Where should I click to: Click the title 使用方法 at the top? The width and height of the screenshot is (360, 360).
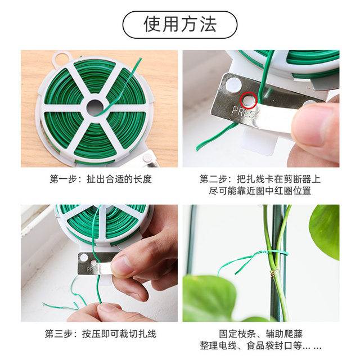(180, 25)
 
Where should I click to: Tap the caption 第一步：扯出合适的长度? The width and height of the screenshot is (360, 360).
(101, 179)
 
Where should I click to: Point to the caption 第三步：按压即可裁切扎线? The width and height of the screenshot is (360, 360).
(101, 334)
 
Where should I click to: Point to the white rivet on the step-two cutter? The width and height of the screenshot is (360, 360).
(233, 85)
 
